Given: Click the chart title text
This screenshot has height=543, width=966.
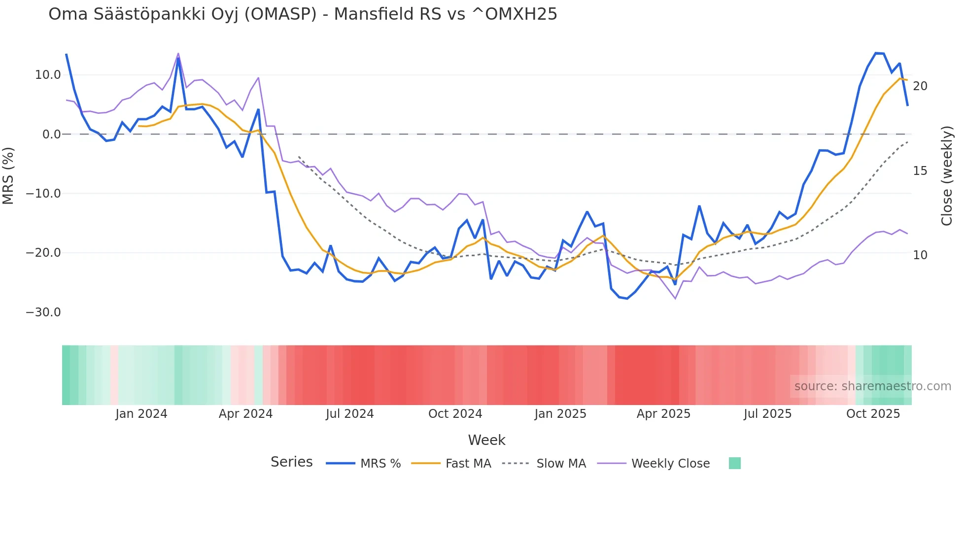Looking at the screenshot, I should [303, 14].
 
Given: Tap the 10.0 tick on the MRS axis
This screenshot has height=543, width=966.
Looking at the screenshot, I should [47, 75].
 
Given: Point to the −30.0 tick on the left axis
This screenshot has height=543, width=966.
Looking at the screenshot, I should [43, 312].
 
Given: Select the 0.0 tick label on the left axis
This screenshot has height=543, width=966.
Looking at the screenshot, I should [51, 135].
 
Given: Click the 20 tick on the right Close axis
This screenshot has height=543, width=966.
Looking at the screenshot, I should [920, 86].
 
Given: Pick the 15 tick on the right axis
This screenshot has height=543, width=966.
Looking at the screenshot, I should [920, 171].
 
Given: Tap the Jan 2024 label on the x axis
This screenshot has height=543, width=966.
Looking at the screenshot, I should [141, 414].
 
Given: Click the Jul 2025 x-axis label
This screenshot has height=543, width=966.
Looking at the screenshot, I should [767, 414].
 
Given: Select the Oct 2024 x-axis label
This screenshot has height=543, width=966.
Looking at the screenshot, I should [455, 414].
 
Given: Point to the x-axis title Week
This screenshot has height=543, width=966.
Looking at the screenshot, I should [486, 440].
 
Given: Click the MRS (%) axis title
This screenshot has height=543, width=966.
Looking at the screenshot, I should [8, 176].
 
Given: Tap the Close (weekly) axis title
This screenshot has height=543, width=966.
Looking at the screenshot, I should [947, 176].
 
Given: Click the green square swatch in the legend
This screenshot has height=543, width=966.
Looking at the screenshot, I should [734, 463].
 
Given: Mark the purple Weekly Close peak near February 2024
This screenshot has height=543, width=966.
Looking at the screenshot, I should [178, 53].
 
